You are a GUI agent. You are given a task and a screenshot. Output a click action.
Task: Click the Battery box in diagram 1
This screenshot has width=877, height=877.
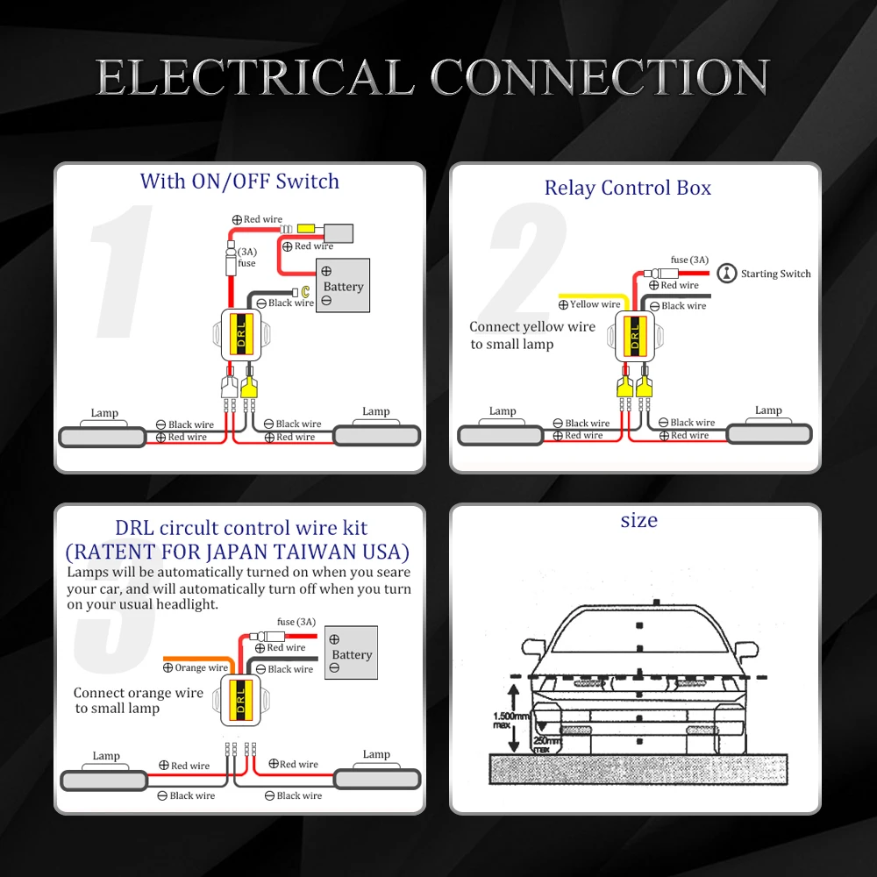tap(344, 285)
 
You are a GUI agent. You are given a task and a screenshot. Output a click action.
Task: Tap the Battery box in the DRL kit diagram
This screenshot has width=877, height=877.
tap(351, 652)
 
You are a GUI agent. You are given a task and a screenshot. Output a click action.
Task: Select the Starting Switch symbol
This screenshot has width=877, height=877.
tap(726, 274)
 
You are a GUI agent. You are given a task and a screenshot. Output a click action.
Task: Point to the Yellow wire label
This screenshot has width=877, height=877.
tap(595, 304)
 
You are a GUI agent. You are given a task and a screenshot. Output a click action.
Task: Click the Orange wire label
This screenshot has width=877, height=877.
tap(201, 667)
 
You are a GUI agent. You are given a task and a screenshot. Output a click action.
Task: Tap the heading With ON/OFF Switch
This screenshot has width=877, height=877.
tap(239, 182)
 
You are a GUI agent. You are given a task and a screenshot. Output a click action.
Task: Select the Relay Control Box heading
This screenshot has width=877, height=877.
tap(627, 188)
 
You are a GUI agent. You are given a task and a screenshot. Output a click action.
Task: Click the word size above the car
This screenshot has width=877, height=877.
tap(638, 520)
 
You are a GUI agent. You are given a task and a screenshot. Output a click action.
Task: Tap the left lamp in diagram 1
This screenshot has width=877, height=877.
tap(102, 436)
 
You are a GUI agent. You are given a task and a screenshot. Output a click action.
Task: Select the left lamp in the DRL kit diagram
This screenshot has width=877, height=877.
tap(104, 779)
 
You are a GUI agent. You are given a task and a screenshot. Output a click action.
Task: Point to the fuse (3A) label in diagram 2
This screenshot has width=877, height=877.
tap(688, 260)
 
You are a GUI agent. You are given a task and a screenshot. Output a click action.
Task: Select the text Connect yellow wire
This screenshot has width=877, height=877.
tap(531, 327)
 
